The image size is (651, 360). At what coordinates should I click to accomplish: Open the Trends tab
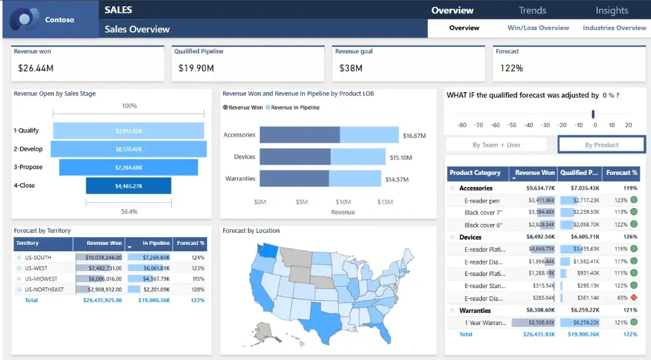pos(532,10)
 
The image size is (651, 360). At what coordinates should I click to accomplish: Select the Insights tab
pos(612,10)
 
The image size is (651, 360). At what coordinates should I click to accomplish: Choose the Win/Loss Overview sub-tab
pos(538,28)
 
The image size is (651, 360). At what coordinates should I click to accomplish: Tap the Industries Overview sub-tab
pos(614,28)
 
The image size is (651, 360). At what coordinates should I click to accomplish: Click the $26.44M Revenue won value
pos(36,68)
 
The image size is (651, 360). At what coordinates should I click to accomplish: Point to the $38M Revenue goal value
pos(351,68)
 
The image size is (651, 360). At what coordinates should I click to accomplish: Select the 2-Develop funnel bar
pos(128,149)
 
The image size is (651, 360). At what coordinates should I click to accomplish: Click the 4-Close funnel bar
pos(128,186)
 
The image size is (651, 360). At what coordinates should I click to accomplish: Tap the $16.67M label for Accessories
pos(414,135)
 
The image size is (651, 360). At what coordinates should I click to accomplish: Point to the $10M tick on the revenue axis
pos(343,202)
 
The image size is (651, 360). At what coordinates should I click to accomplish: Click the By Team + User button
pos(496,145)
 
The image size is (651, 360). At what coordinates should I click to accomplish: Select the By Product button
pos(601,145)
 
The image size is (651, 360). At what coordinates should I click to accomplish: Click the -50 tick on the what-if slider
pos(511,125)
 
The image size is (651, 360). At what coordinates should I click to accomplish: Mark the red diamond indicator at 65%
pos(633,298)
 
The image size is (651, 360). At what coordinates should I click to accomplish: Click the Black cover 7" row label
pos(483,212)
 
